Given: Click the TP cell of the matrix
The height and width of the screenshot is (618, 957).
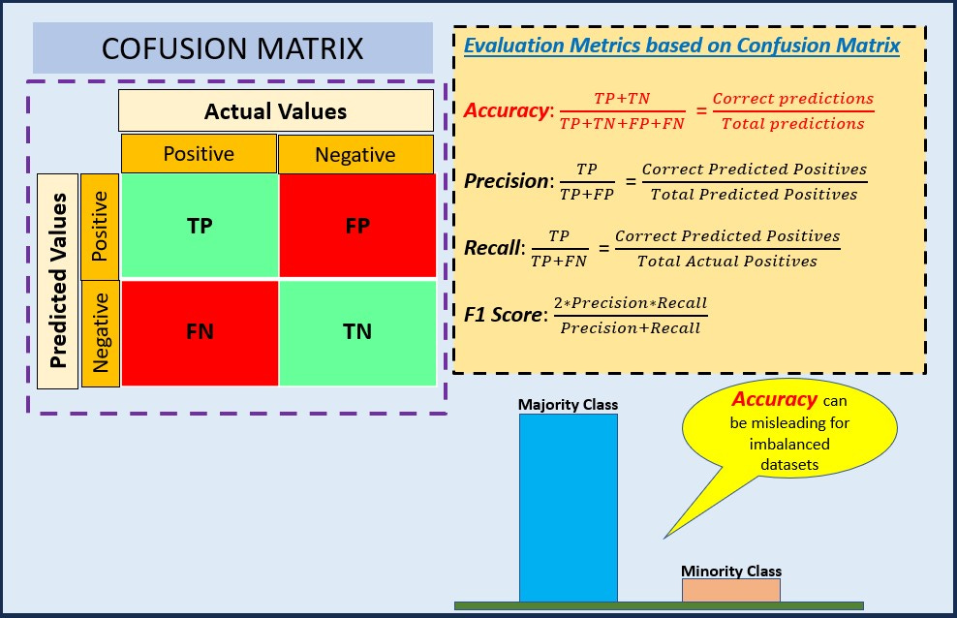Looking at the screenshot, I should [199, 227].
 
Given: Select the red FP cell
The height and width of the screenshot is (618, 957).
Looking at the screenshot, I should [356, 227].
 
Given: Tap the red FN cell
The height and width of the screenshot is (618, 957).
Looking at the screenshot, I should [199, 331].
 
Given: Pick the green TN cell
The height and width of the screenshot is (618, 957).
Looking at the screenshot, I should [356, 331].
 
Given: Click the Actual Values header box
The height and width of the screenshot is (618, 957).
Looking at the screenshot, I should [275, 111].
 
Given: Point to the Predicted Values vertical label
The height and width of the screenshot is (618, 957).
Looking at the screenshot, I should [58, 281].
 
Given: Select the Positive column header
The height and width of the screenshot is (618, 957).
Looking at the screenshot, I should [199, 154].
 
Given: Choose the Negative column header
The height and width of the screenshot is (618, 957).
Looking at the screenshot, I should [355, 155].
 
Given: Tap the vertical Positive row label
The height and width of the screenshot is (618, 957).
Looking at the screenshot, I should [100, 227].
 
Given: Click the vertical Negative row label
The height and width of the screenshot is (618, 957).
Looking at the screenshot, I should [100, 333].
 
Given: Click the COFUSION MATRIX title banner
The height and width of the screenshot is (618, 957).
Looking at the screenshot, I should [232, 48].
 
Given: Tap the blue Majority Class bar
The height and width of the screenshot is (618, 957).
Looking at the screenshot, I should [568, 509].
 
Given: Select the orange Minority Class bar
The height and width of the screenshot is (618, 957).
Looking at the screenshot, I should [730, 590].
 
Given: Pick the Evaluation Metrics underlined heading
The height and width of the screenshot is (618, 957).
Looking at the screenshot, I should [681, 45].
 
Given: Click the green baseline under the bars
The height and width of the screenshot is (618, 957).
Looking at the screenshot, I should [659, 605].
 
